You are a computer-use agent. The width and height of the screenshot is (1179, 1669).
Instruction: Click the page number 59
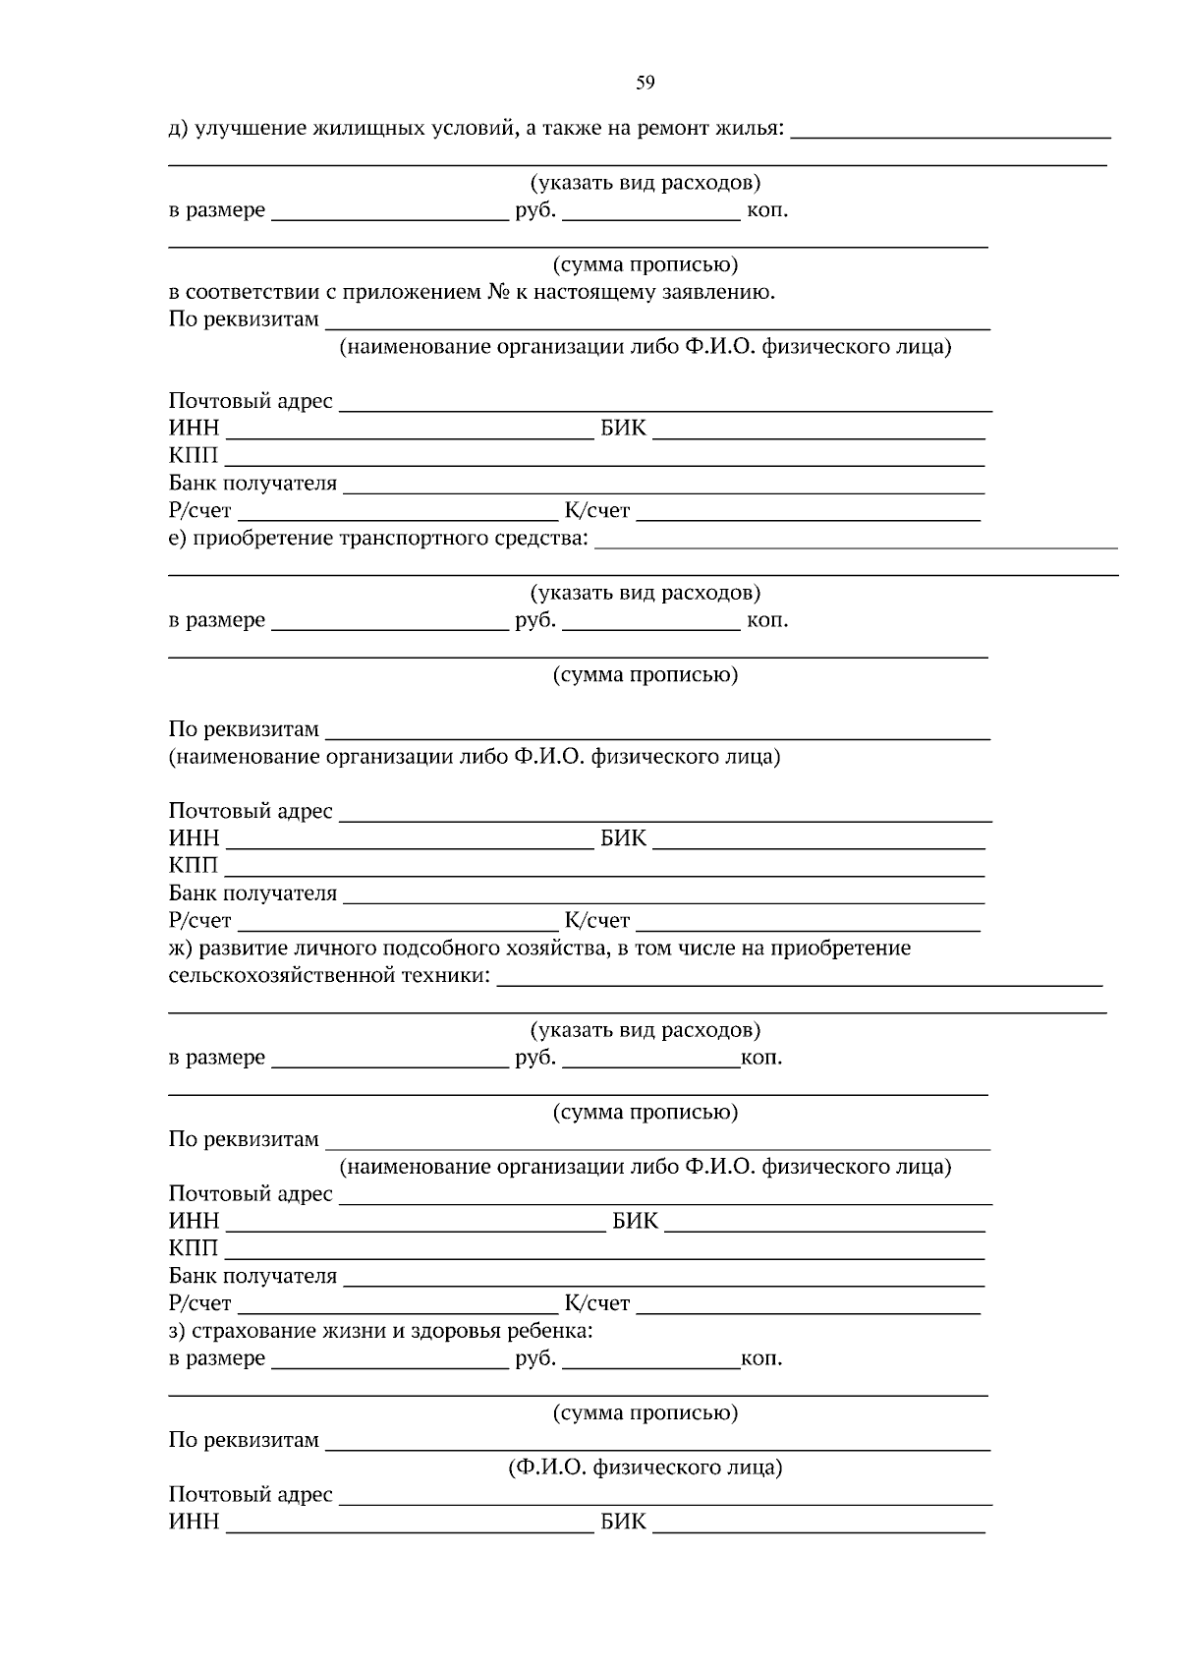click(645, 84)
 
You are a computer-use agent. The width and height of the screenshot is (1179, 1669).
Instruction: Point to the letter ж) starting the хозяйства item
click(180, 949)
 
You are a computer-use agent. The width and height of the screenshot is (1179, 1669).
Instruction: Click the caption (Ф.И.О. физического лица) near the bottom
click(645, 1468)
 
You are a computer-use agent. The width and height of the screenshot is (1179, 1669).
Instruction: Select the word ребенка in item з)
click(550, 1332)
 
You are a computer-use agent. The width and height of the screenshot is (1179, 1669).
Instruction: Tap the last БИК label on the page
click(624, 1523)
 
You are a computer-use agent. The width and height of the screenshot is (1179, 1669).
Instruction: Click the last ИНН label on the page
click(194, 1523)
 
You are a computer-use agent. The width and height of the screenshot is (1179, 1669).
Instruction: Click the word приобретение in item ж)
click(841, 949)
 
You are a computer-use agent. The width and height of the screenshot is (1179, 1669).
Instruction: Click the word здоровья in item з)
click(455, 1332)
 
